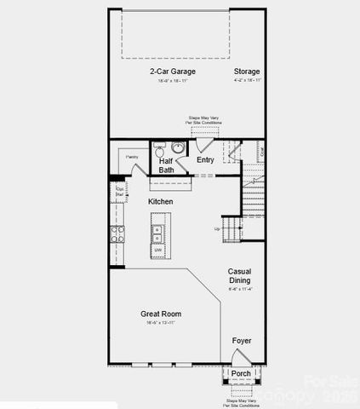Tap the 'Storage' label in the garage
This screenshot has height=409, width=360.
(247, 72)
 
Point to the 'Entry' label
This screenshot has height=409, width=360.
(205, 159)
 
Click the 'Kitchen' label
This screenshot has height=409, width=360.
(160, 201)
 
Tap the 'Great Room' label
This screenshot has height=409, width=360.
(161, 314)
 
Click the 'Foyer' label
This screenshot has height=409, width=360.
(241, 341)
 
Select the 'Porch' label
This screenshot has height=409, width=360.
(241, 373)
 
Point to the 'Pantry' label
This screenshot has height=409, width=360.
(132, 158)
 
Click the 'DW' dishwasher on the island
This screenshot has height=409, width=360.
(157, 250)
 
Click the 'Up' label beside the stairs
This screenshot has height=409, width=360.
(217, 229)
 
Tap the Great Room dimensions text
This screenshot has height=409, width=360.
(161, 324)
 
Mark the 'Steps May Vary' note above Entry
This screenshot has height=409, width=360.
(205, 120)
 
